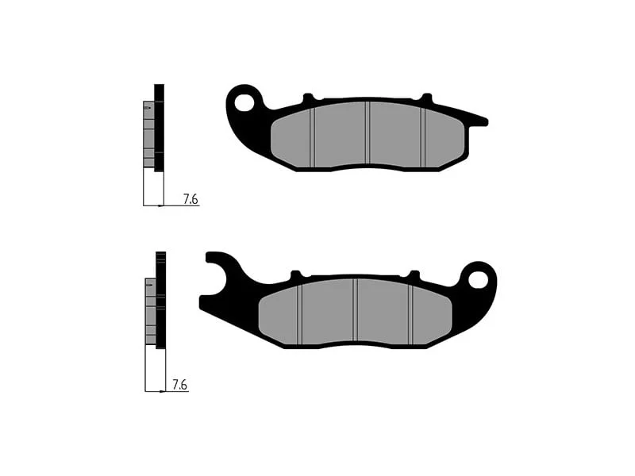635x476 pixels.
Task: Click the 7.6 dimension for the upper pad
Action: click(190, 199)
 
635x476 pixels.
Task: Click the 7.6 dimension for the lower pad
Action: click(180, 385)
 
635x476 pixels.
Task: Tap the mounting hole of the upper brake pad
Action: click(245, 102)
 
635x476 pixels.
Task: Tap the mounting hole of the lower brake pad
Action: click(479, 279)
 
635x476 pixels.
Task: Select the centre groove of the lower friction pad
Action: click(355, 310)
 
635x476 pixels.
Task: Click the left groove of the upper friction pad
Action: click(312, 137)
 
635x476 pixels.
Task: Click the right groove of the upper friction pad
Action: click(423, 137)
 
